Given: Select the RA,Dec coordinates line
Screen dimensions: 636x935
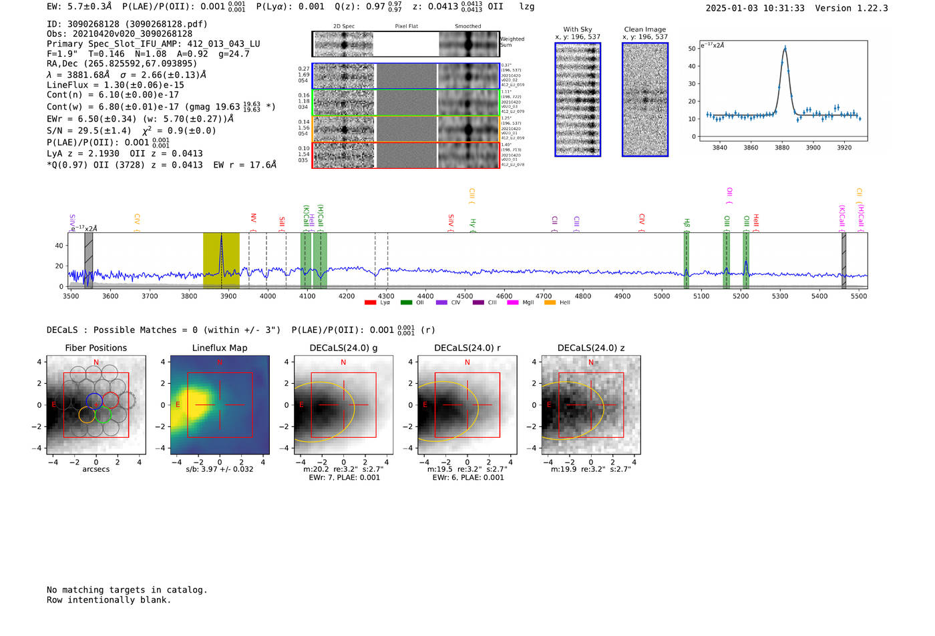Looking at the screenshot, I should (x=122, y=64).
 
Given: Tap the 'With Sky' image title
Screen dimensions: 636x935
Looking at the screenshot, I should (x=577, y=29).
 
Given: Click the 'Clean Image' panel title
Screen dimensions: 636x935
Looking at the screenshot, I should (x=644, y=29).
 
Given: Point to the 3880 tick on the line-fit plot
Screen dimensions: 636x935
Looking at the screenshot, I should (x=782, y=147).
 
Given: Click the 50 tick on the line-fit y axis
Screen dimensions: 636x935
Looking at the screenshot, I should (x=692, y=49).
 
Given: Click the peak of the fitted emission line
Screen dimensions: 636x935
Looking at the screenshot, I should (x=785, y=48).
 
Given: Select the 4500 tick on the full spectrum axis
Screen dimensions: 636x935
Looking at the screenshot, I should (x=465, y=296).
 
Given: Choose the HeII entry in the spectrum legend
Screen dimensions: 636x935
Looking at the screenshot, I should (x=558, y=303).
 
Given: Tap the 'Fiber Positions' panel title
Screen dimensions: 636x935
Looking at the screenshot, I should (x=96, y=348).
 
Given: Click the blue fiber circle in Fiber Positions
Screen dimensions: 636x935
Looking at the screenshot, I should (x=94, y=401).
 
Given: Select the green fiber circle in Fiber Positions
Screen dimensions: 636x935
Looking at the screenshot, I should (x=103, y=415).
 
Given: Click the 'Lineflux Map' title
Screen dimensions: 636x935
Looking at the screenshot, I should (x=219, y=348).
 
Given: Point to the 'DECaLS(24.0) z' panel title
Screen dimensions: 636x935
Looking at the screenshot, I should (x=590, y=348).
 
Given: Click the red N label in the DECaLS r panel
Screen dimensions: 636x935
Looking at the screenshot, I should (x=467, y=362).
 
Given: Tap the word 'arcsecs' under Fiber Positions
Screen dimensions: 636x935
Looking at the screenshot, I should (x=96, y=469).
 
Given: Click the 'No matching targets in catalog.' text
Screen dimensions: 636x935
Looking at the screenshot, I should (x=127, y=590).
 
